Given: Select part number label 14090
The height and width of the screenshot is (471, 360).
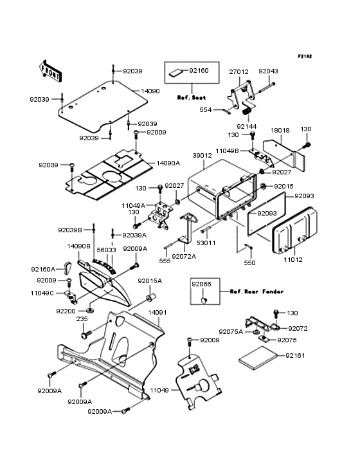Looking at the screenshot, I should (x=150, y=91).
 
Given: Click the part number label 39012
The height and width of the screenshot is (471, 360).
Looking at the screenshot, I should (x=201, y=156).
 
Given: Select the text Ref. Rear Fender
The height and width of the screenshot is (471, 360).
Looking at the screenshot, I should (x=253, y=291).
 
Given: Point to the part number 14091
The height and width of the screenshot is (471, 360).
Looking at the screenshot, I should (x=157, y=313).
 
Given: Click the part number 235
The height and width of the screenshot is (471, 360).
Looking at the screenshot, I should (x=83, y=319).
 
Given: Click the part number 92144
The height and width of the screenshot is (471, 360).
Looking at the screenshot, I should (x=247, y=127).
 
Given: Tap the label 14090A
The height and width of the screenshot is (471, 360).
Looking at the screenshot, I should (x=168, y=163).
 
